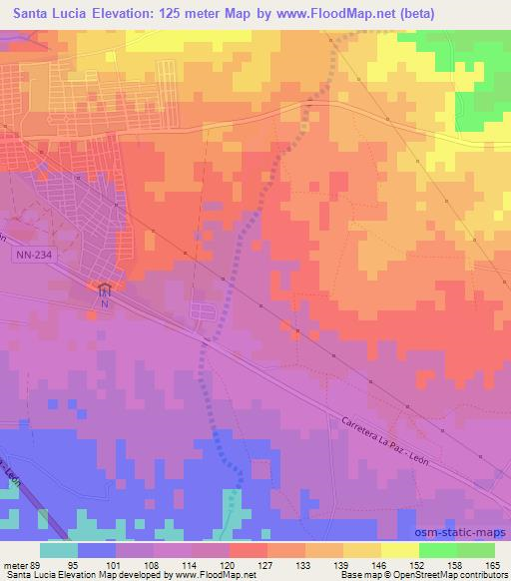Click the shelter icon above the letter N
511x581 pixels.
click(x=105, y=288)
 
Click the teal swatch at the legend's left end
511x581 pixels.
click(x=59, y=549)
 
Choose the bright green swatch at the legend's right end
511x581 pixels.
click(x=476, y=549)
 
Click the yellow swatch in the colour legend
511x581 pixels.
click(x=362, y=549)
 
